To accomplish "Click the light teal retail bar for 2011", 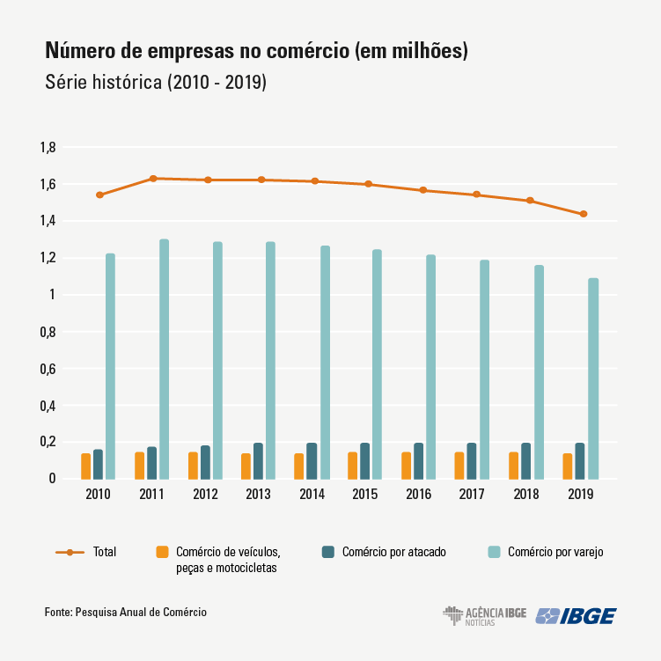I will (164, 359).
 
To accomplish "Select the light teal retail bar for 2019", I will (593, 378).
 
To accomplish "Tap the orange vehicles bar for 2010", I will (86, 466).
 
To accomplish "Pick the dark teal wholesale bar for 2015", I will (365, 460).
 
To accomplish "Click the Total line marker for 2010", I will (99, 195).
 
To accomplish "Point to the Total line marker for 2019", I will (583, 214).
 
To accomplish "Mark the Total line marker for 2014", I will (314, 181).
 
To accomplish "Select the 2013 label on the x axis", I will (258, 495).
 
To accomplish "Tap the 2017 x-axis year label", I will (473, 495).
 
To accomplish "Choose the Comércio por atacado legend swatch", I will (327, 552).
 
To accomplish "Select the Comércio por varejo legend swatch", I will (494, 552).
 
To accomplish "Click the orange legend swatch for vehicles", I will (161, 552).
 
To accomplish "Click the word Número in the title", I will (78, 51).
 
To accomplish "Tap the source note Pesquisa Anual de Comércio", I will (142, 612).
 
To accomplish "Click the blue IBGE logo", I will (576, 615).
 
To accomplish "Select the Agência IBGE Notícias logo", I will (484, 615).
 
